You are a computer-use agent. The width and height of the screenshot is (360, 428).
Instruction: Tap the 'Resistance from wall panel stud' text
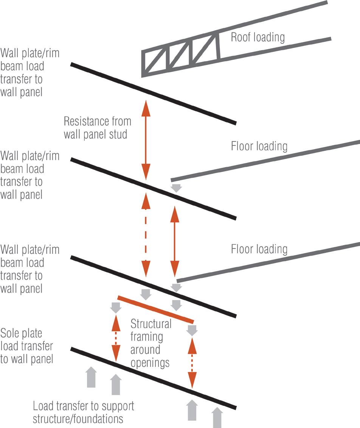pos(97,128)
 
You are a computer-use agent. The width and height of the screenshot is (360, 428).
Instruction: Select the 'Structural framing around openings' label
pos(151,343)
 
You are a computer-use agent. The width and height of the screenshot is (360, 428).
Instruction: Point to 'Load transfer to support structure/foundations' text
pos(83,412)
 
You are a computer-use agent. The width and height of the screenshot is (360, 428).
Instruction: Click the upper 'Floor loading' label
pos(259,146)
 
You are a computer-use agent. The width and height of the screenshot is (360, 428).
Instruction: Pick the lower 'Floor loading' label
pos(259,249)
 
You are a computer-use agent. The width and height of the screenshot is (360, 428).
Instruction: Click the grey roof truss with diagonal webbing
pos(180,55)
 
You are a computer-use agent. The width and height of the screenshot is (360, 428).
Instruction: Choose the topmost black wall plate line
pos(153,94)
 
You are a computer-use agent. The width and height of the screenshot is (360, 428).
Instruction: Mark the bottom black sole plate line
pos(153,378)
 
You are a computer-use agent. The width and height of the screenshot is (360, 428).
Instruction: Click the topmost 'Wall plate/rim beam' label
pos(29,72)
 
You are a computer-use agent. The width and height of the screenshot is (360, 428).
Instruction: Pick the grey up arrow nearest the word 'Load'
pos(91,377)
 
